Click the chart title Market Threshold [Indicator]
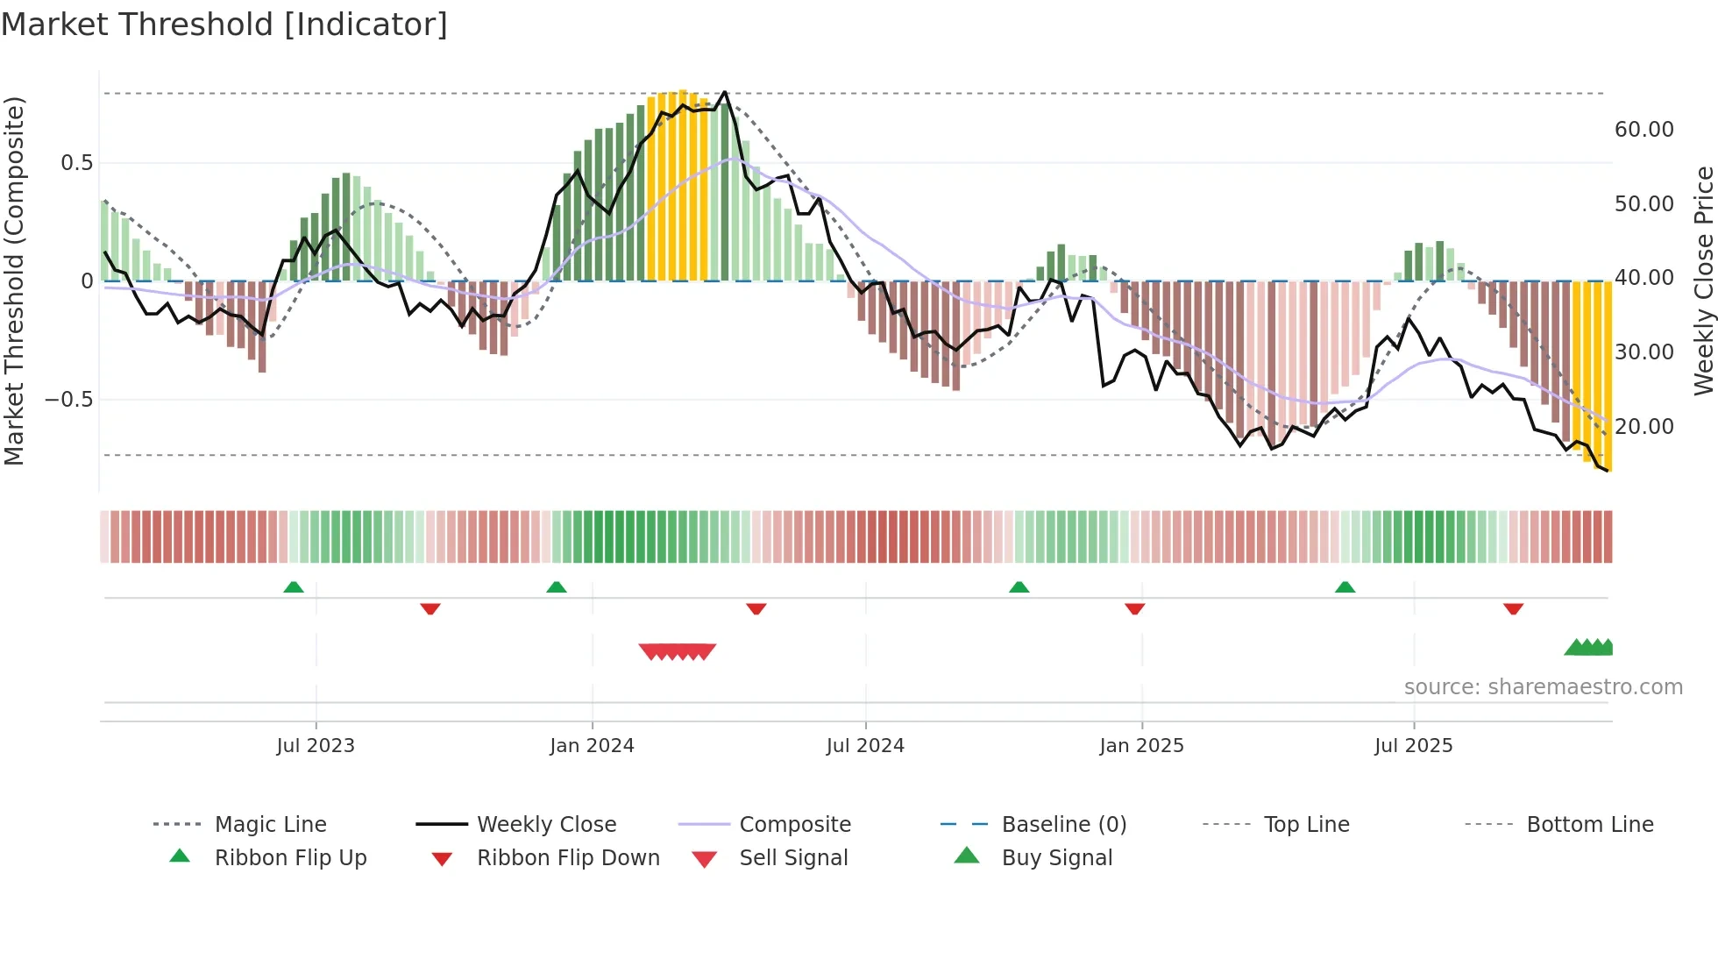[x=224, y=25]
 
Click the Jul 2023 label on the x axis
[x=316, y=746]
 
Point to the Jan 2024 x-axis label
[x=592, y=746]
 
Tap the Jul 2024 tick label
[x=865, y=746]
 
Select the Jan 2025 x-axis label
[x=1141, y=746]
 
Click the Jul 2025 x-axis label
[x=1413, y=746]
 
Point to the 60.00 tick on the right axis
[x=1643, y=130]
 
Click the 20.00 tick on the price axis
[x=1643, y=427]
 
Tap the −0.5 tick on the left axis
[x=68, y=400]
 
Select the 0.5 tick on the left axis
[x=76, y=163]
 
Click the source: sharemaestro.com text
[x=1543, y=687]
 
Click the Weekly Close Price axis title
[x=1703, y=281]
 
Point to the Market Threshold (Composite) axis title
[x=14, y=281]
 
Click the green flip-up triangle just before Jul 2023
[x=294, y=587]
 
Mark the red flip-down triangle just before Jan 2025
[x=1134, y=608]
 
